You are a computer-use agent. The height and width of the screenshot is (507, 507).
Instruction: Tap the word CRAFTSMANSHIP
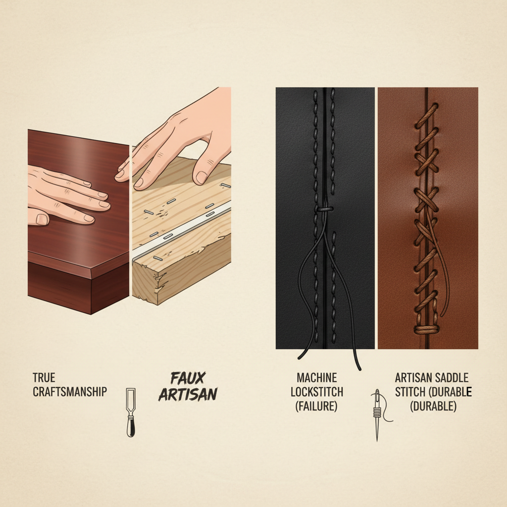point(70,392)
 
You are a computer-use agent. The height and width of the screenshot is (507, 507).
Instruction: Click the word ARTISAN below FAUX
point(188,394)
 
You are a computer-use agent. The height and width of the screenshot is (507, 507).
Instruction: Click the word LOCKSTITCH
point(317,392)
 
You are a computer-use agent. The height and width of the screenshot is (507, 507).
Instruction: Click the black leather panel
point(297,149)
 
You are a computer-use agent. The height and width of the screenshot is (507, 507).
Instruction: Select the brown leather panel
point(456,149)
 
